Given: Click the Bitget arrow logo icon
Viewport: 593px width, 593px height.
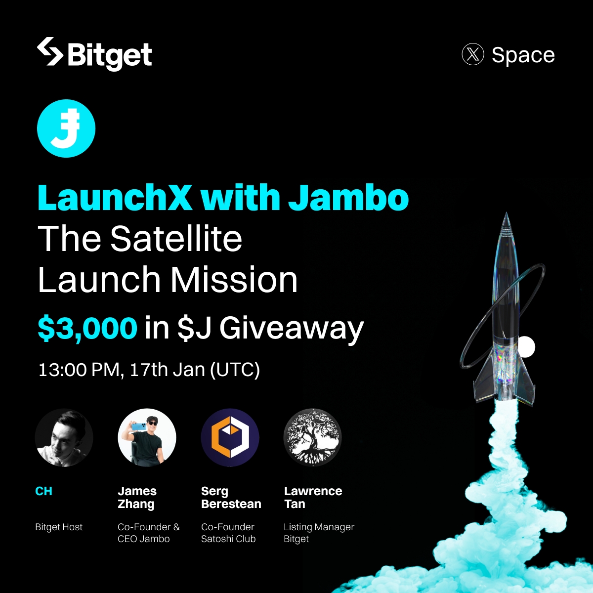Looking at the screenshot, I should tap(50, 51).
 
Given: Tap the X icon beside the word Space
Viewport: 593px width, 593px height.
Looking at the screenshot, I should tap(472, 54).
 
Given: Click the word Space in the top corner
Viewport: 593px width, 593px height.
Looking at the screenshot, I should tap(523, 55).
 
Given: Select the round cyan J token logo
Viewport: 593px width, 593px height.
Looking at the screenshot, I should tap(66, 128).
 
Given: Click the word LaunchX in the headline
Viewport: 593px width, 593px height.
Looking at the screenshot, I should tap(115, 198).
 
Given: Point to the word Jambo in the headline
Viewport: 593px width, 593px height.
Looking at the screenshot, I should tap(348, 198).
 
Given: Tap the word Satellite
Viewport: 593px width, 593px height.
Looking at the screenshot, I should tap(176, 239).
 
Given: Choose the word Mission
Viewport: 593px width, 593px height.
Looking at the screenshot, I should tap(234, 280).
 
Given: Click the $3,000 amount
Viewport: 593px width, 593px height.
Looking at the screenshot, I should tap(87, 328).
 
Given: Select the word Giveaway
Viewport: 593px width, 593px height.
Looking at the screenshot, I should tap(292, 329).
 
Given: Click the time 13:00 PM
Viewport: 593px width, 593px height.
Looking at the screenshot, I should tap(79, 370).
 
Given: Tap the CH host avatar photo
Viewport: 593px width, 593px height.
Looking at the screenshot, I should tap(64, 438).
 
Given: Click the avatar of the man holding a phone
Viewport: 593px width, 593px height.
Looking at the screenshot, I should tap(147, 438).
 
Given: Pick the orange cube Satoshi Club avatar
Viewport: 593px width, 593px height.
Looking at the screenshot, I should tap(230, 438).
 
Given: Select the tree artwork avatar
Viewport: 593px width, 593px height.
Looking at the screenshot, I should tap(312, 438).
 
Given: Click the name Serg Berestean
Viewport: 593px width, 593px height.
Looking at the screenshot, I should tap(231, 498).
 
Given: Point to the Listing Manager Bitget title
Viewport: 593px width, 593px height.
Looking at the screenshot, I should tap(319, 533).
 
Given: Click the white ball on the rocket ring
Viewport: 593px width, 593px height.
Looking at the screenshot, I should tap(526, 347).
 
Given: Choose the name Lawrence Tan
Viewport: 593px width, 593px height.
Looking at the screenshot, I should tap(313, 498).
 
